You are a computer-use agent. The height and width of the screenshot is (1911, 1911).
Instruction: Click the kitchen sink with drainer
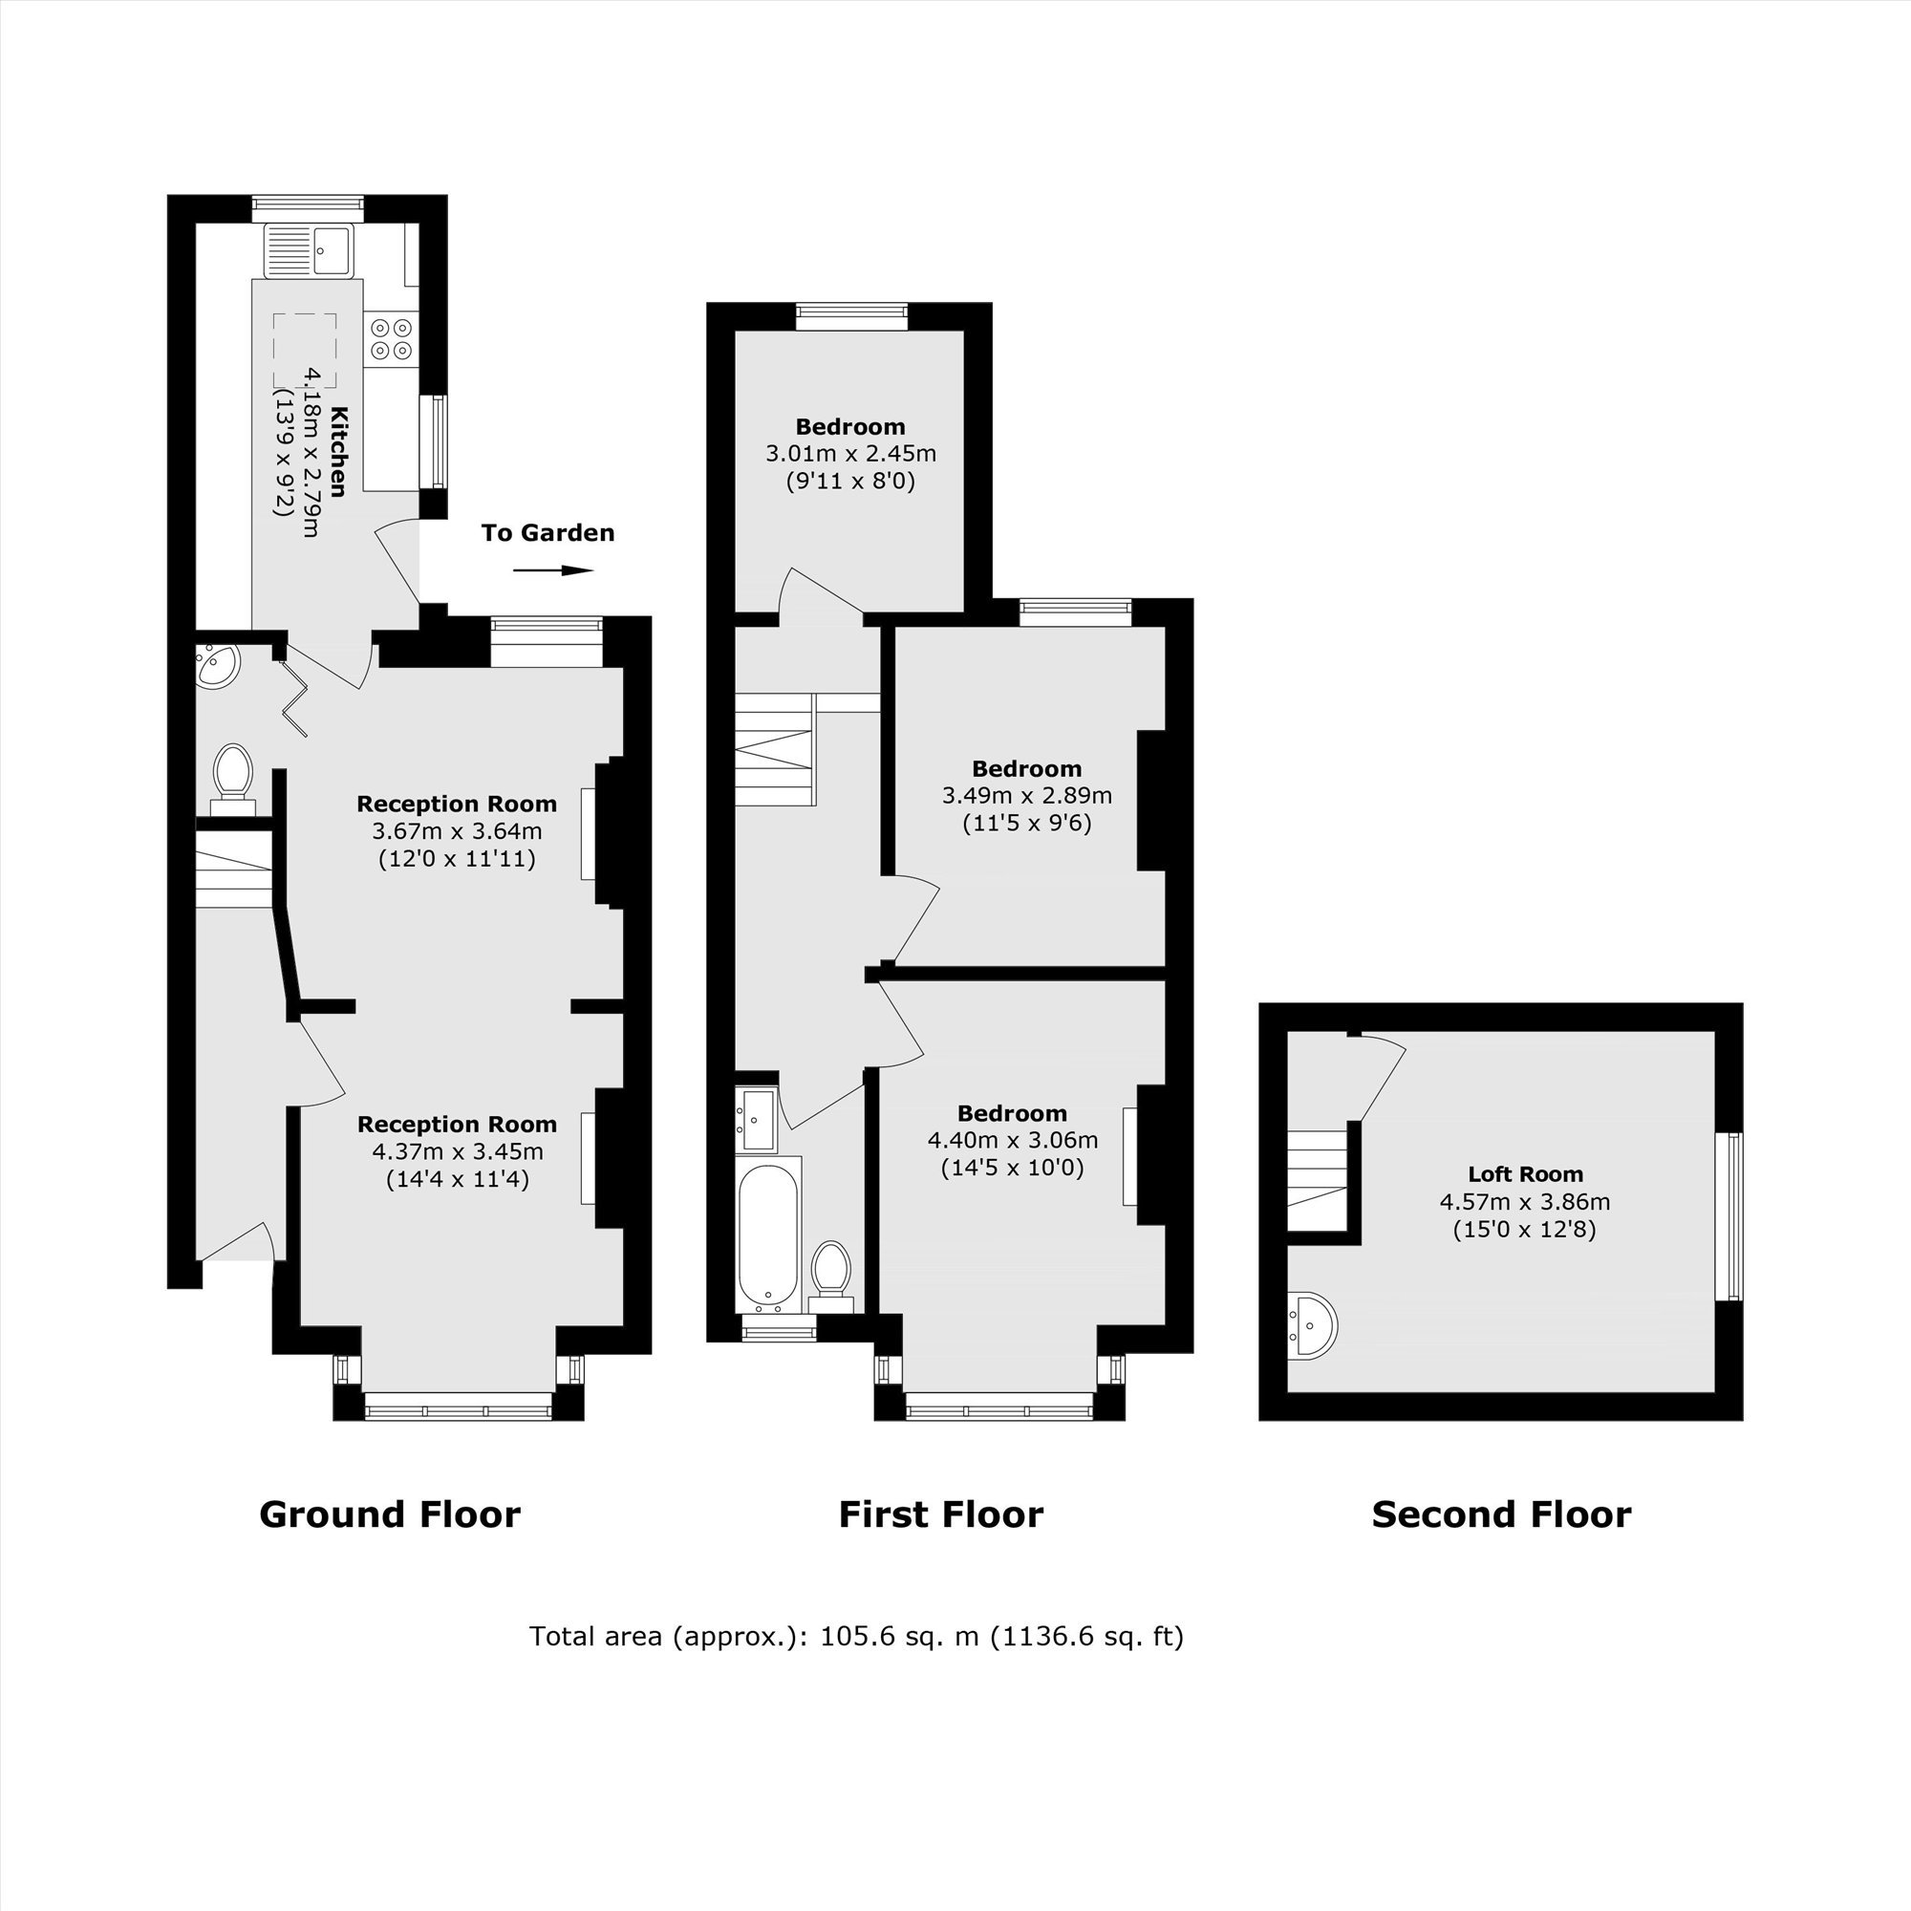(x=308, y=251)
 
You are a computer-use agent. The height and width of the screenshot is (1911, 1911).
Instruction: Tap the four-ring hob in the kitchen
(x=392, y=337)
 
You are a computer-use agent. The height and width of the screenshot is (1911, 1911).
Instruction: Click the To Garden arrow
(x=553, y=569)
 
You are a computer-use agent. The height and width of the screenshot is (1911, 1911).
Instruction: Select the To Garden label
(x=548, y=533)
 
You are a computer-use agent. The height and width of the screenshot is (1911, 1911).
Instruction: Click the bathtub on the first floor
(x=767, y=1233)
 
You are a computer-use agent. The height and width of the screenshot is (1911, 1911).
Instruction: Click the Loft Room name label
(x=1525, y=1174)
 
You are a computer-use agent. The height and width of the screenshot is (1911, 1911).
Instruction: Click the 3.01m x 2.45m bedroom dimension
(x=850, y=454)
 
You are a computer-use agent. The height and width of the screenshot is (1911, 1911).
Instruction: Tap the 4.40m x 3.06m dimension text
(x=1012, y=1141)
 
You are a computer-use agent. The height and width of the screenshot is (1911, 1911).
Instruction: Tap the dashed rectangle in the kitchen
(x=305, y=350)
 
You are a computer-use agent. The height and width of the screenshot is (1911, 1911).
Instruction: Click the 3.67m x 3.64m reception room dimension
(x=457, y=831)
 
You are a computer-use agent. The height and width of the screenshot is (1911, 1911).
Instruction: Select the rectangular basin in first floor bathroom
(x=758, y=1120)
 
